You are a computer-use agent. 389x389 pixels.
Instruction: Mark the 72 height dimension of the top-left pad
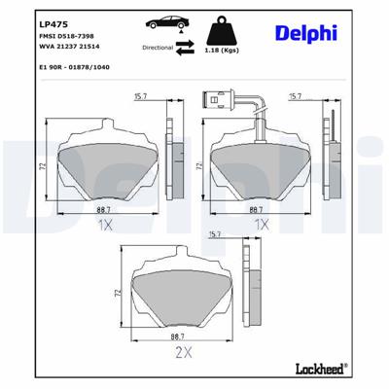[x=44, y=168]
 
